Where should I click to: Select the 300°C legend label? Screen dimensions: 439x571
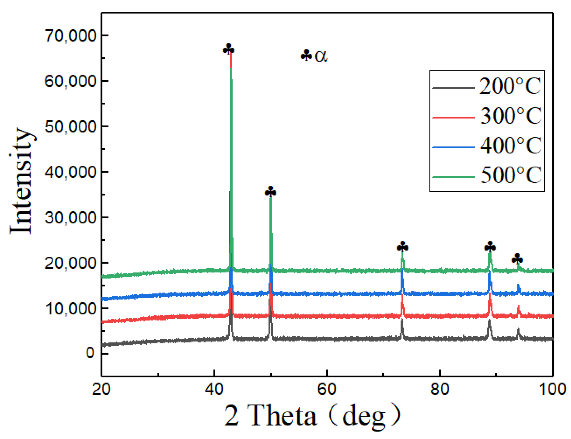(511, 116)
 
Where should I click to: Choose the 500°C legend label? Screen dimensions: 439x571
(511, 175)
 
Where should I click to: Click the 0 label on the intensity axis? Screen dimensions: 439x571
(90, 353)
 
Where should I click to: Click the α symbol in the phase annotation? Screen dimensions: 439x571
(321, 56)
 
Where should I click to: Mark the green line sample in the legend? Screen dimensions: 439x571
(453, 177)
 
